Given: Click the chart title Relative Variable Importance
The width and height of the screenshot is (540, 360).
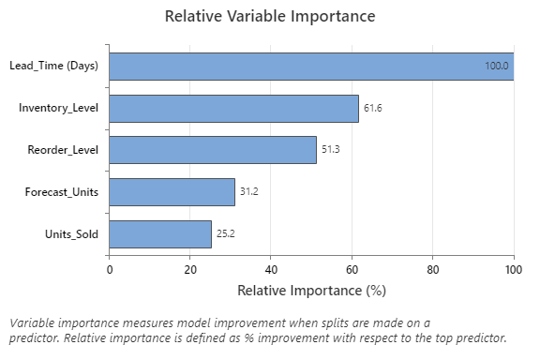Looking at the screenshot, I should click(x=270, y=17).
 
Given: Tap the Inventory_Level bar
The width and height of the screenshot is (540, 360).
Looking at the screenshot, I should click(x=233, y=108).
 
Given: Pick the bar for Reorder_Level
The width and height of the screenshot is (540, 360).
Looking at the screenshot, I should click(x=213, y=150).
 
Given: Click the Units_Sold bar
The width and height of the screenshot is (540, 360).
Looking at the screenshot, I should click(x=160, y=233).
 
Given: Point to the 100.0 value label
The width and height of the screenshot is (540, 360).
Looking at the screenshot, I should click(x=496, y=66).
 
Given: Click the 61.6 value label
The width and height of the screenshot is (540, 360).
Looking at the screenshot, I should click(x=373, y=108).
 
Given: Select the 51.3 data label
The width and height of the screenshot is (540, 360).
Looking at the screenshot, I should click(x=331, y=150).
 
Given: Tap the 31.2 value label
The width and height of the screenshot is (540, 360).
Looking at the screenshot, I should click(x=249, y=192).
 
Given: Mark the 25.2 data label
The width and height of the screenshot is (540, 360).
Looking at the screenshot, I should click(x=226, y=233).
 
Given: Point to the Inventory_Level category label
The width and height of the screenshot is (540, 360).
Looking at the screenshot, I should click(x=58, y=108).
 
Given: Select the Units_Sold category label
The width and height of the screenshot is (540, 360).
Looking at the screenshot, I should click(x=71, y=233).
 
